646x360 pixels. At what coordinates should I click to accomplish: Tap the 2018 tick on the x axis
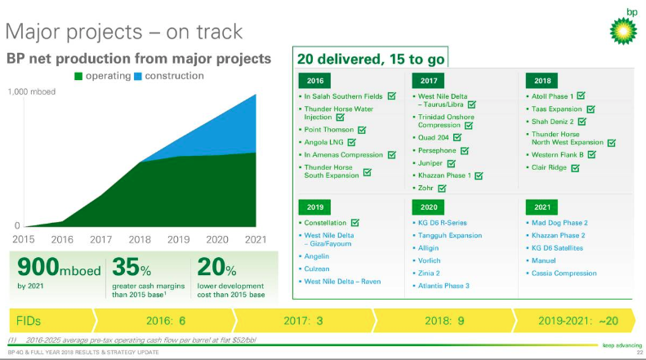coord(140,239)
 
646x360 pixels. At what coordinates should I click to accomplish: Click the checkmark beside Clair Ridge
coord(575,168)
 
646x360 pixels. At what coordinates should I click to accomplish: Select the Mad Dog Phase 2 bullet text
coord(559,222)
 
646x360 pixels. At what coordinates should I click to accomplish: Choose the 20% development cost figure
coord(219,269)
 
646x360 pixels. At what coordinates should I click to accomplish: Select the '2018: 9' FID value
coord(444,320)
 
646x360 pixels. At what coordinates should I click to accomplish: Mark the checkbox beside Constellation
coord(354,222)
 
